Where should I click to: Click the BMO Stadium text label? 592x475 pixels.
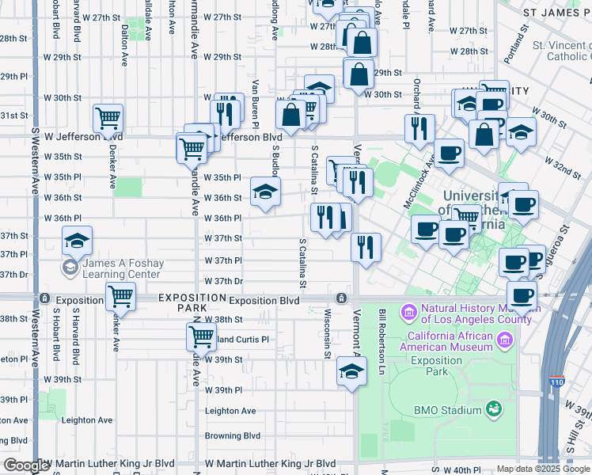(x=448, y=410)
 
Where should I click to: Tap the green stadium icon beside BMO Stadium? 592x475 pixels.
(x=494, y=409)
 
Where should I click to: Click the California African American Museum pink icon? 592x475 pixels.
(x=506, y=340)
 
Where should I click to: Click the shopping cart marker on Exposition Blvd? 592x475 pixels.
(x=120, y=297)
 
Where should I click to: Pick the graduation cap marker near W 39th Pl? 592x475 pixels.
(x=351, y=370)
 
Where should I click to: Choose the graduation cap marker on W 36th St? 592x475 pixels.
(x=265, y=191)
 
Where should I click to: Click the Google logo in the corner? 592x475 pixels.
(x=27, y=466)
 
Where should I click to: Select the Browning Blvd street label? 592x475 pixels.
(x=233, y=435)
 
